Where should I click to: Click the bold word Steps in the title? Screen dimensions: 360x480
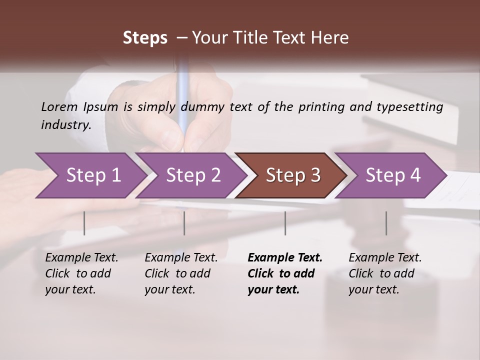[145, 38]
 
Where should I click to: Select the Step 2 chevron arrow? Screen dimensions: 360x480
[192, 175]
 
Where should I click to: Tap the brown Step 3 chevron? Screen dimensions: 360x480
[292, 175]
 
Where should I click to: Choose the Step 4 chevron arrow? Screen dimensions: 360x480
[392, 175]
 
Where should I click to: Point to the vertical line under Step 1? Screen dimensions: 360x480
[84, 223]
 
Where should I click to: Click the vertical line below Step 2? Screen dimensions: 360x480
[184, 223]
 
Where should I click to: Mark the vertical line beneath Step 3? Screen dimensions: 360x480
[285, 223]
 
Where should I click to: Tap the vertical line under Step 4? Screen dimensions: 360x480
[386, 223]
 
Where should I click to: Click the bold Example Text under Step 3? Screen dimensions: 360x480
[285, 258]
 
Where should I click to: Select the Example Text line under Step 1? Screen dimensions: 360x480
[81, 258]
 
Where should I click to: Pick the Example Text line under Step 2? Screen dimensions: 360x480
[181, 258]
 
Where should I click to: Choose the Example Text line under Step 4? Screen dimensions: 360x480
[385, 258]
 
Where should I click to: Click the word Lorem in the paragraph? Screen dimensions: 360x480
[59, 106]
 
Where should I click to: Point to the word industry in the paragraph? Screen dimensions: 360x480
[66, 124]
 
